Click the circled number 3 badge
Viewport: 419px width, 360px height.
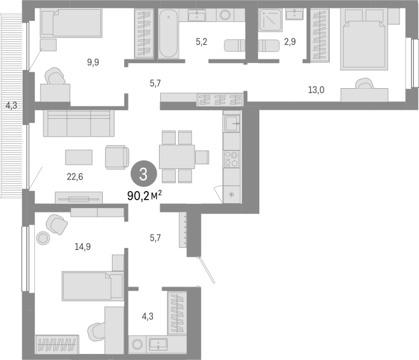click(144, 174)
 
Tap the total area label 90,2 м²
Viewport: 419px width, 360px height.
click(144, 196)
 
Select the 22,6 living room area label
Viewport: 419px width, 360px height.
click(75, 177)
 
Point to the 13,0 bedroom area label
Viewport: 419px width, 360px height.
click(316, 90)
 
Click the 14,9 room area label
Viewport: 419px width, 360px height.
click(83, 247)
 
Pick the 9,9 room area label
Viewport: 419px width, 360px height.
click(93, 62)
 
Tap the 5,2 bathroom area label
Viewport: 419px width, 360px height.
click(201, 42)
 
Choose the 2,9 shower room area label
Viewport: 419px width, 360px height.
click(290, 42)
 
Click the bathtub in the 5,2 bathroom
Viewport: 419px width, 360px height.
click(168, 34)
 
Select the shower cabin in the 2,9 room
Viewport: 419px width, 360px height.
click(270, 20)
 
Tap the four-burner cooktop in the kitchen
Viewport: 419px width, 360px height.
click(231, 159)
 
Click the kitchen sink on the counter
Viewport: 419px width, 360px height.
click(231, 123)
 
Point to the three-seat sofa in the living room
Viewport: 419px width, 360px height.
click(79, 123)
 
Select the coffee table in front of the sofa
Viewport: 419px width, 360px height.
click(79, 157)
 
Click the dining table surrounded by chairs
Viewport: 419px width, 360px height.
click(177, 157)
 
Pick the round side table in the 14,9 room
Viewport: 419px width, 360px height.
click(43, 238)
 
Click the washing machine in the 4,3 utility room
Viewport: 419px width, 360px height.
click(138, 344)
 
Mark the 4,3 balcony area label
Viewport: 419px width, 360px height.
click(11, 106)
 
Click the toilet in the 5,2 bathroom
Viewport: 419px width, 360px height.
click(235, 45)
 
